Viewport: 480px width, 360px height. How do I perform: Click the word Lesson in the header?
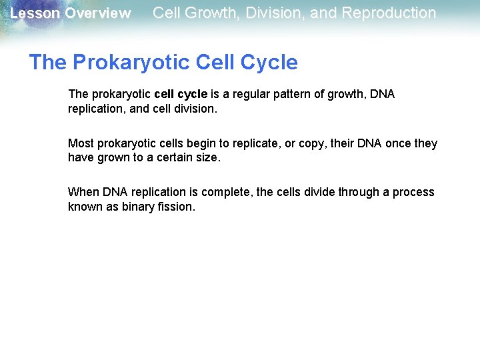[34, 13]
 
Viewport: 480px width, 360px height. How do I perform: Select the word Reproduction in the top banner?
[389, 13]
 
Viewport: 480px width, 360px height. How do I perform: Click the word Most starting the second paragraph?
[81, 143]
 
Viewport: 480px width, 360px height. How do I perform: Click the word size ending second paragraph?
[207, 157]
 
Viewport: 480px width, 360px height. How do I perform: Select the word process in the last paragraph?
[413, 192]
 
